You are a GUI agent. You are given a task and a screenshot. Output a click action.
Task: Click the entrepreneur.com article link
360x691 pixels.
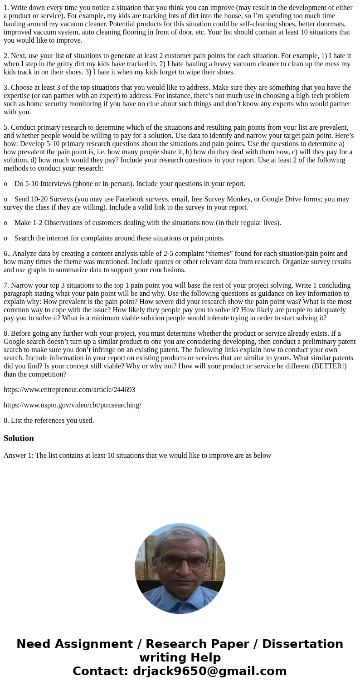(69, 390)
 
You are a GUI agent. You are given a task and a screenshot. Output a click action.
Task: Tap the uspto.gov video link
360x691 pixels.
(73, 405)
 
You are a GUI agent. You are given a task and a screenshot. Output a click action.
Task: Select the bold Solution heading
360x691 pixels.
(19, 438)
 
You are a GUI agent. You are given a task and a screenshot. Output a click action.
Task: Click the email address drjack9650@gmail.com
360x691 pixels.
(209, 671)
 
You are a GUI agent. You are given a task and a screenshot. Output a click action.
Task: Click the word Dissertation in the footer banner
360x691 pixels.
(302, 644)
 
